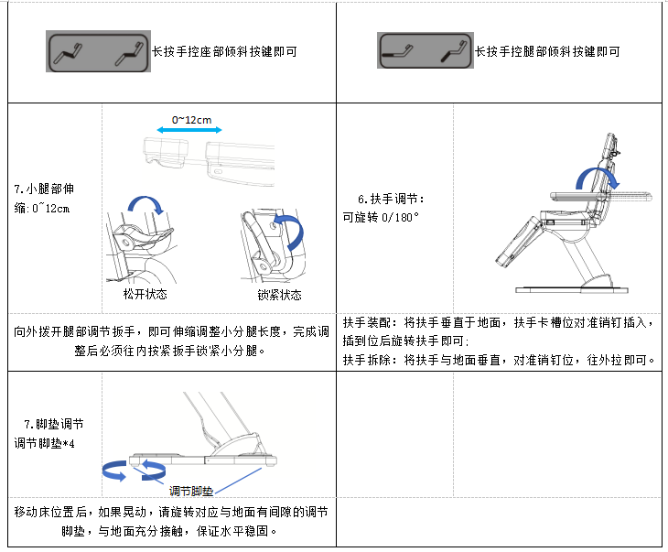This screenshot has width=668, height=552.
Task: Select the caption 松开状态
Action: (145, 295)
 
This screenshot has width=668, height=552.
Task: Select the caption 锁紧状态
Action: (280, 295)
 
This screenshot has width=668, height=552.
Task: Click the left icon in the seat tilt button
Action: (67, 51)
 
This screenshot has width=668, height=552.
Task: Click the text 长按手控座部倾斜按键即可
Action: (224, 51)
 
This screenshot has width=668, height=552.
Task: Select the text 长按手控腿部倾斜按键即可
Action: (547, 51)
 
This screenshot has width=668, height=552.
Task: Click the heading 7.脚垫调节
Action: (54, 425)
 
